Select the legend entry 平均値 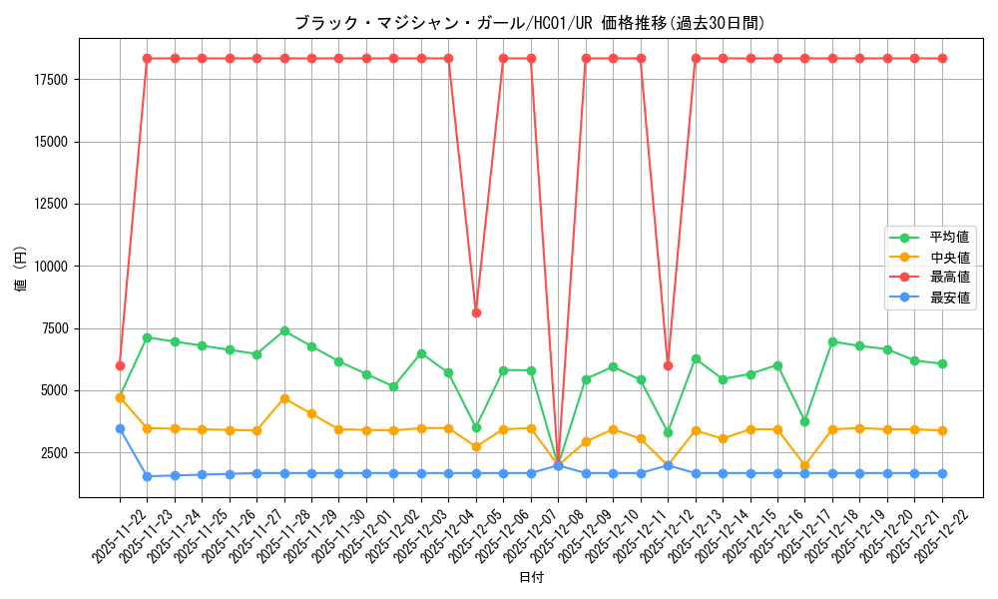tap(949, 238)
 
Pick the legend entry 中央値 tap(949, 258)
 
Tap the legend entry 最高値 tap(949, 278)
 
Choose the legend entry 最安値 tap(949, 298)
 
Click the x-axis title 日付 tap(531, 578)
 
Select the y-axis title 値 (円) tap(21, 270)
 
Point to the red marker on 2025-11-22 tap(120, 365)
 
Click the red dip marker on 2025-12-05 tap(476, 312)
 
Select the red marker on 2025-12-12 tap(668, 365)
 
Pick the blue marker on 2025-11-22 tap(120, 428)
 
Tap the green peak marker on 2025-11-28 tap(284, 330)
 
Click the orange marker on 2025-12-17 tap(804, 465)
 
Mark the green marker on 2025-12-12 tap(668, 432)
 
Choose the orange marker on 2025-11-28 tap(284, 398)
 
